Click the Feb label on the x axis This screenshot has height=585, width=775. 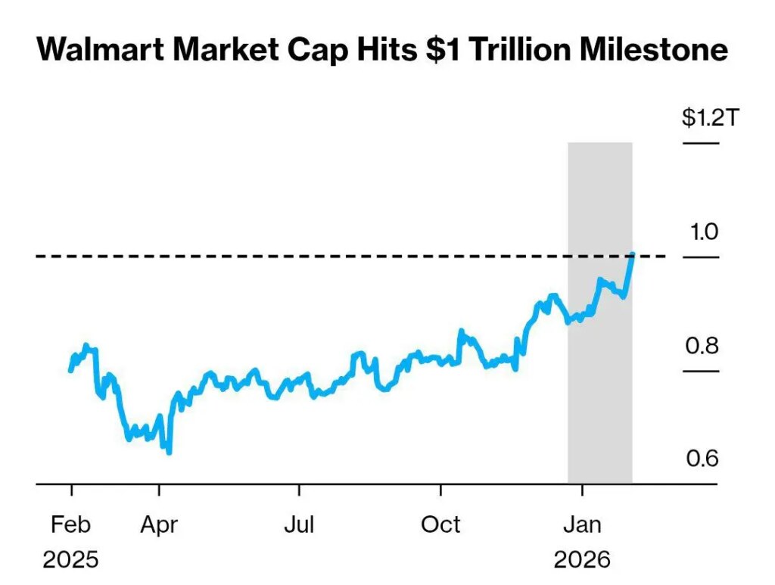click(x=70, y=524)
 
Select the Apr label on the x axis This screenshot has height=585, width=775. click(x=159, y=524)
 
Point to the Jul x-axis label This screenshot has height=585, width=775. click(x=299, y=524)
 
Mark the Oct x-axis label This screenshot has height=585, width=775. click(x=440, y=524)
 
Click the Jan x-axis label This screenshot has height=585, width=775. click(x=581, y=524)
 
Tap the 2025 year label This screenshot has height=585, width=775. click(x=70, y=560)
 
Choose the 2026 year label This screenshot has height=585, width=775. click(x=581, y=560)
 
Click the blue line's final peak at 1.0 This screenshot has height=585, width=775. click(x=633, y=255)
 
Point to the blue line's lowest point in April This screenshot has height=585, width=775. click(x=169, y=453)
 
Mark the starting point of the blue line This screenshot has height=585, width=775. click(x=70, y=370)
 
